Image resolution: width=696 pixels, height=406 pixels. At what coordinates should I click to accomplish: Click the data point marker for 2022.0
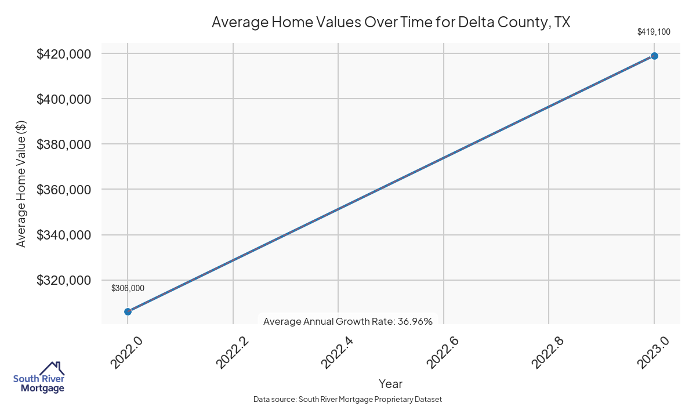point(128,311)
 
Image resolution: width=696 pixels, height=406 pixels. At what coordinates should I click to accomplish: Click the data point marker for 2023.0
point(654,56)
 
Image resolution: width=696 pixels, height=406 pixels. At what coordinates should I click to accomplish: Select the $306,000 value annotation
point(128,288)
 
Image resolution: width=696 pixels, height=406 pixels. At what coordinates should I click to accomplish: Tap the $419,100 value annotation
point(654,32)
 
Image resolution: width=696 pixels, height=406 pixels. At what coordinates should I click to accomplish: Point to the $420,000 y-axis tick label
point(63,54)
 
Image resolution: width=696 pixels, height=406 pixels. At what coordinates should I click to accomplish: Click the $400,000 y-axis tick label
point(63,99)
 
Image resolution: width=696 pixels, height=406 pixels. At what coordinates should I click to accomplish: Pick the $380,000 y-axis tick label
point(63,144)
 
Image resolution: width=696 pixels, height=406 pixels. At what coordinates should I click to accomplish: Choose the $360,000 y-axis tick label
point(63,190)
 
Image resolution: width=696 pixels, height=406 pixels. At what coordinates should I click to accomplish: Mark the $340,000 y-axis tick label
point(63,235)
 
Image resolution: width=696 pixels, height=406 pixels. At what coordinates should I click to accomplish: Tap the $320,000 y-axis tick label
point(63,280)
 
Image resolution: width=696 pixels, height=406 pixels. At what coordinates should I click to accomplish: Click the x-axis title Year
point(390,383)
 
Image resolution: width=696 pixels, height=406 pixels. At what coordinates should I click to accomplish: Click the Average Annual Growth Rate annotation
point(348,321)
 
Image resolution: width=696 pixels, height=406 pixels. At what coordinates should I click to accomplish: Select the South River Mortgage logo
point(39,378)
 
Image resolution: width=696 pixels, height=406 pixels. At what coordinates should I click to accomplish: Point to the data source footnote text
point(348,400)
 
